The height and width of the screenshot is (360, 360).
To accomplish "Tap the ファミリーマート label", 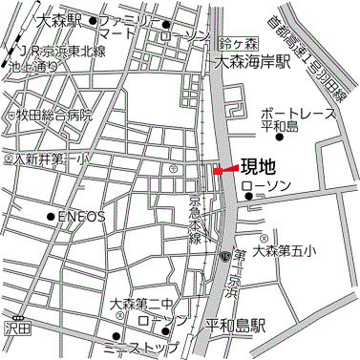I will click(127, 27).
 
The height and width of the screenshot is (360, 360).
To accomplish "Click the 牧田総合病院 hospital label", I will click(54, 115).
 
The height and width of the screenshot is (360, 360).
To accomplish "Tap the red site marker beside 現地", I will click(219, 171).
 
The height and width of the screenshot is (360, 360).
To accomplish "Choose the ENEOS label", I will click(81, 217).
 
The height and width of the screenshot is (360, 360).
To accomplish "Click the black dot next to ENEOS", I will click(51, 217).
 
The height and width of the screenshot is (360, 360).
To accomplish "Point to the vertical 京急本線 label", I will click(195, 220).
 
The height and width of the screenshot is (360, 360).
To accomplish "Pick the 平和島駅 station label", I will click(236, 325).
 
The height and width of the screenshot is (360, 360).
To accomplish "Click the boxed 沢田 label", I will click(17, 328).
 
